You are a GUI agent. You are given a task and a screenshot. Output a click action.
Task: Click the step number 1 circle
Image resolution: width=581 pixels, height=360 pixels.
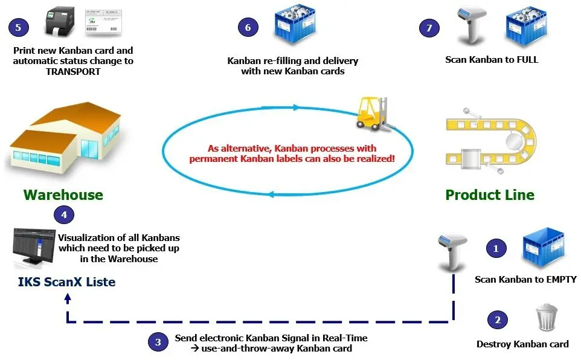click(x=496, y=248)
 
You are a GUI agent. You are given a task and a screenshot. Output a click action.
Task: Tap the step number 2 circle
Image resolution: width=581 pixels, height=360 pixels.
click(x=498, y=320)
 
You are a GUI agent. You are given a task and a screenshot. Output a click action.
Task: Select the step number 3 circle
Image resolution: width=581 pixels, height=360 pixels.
click(x=158, y=342)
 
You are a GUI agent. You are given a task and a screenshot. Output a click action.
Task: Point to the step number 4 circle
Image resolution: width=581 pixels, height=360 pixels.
click(x=64, y=214)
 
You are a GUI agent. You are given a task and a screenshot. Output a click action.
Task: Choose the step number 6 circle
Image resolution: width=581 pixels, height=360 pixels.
click(x=248, y=27)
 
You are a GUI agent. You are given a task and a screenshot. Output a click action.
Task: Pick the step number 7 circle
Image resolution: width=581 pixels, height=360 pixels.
click(x=429, y=27)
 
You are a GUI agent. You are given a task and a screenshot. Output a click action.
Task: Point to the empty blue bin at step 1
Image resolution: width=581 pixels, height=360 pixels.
click(x=542, y=248)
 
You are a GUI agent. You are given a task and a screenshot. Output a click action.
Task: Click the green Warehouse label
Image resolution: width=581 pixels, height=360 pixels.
click(x=63, y=195)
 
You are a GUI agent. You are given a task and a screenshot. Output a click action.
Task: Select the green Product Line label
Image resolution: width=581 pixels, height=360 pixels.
click(x=490, y=195)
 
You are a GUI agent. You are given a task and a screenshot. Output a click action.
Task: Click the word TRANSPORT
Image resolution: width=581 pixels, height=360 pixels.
click(x=73, y=71)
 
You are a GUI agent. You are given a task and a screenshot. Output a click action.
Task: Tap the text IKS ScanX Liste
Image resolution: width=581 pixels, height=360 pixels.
click(x=66, y=282)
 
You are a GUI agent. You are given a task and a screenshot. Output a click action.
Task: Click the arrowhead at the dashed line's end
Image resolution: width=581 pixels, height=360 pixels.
click(x=68, y=298)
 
